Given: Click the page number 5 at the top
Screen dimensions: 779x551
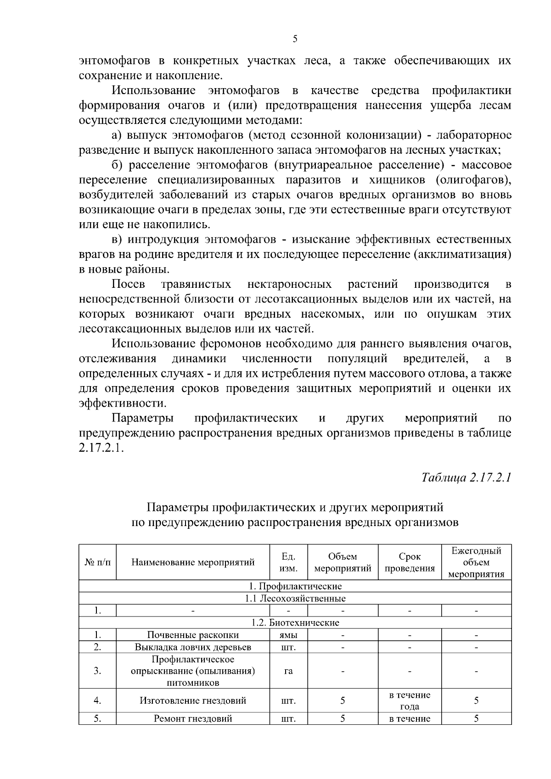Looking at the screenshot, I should point(295,39).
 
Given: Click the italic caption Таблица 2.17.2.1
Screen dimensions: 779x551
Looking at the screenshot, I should point(466,477).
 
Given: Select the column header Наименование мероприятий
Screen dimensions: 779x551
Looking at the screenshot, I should point(193,562).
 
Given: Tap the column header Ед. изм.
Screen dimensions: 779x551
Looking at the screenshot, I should point(288,562).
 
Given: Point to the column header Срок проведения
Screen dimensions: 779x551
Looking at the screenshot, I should point(410,562).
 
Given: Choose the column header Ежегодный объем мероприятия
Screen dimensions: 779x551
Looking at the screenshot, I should point(476,562).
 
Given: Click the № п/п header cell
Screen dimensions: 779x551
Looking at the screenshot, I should point(97,562).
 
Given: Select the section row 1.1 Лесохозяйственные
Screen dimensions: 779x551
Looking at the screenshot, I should point(295,599).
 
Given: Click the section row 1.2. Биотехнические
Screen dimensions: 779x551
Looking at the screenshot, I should point(295,623).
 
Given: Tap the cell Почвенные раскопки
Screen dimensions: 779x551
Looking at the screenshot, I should point(193,635).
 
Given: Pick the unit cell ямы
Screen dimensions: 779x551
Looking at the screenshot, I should point(288,635).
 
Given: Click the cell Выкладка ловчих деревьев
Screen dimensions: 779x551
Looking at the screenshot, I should point(193,647).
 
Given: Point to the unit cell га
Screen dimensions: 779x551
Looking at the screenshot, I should point(288,671).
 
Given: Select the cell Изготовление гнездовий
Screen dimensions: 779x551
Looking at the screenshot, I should point(193,701).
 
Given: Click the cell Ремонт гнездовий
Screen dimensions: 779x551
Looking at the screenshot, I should point(193,719).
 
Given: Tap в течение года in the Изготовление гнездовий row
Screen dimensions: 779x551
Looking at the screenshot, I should point(410,701).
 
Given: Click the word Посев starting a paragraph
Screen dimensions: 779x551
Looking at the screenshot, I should point(128,284).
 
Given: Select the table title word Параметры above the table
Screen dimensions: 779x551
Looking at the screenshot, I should point(177,508).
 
